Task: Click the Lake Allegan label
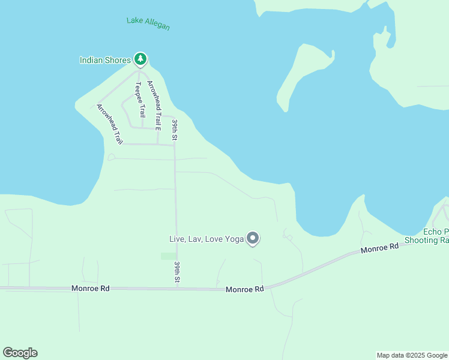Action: [148, 23]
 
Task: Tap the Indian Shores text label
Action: [105, 60]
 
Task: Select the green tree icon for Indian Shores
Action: [140, 59]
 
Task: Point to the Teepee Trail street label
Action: [140, 99]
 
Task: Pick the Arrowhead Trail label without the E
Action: [110, 124]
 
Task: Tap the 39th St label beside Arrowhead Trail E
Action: [175, 130]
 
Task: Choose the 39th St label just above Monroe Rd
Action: [177, 272]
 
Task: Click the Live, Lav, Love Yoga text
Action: [206, 239]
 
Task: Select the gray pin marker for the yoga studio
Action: [253, 238]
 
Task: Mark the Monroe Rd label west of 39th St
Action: [90, 288]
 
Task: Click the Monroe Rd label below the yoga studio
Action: [245, 289]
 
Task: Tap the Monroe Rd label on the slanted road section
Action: [379, 247]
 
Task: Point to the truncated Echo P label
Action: [436, 232]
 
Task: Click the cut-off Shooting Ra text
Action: [426, 240]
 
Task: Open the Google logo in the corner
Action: [20, 353]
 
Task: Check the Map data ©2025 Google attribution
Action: [412, 355]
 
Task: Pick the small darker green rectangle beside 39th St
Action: [169, 256]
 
